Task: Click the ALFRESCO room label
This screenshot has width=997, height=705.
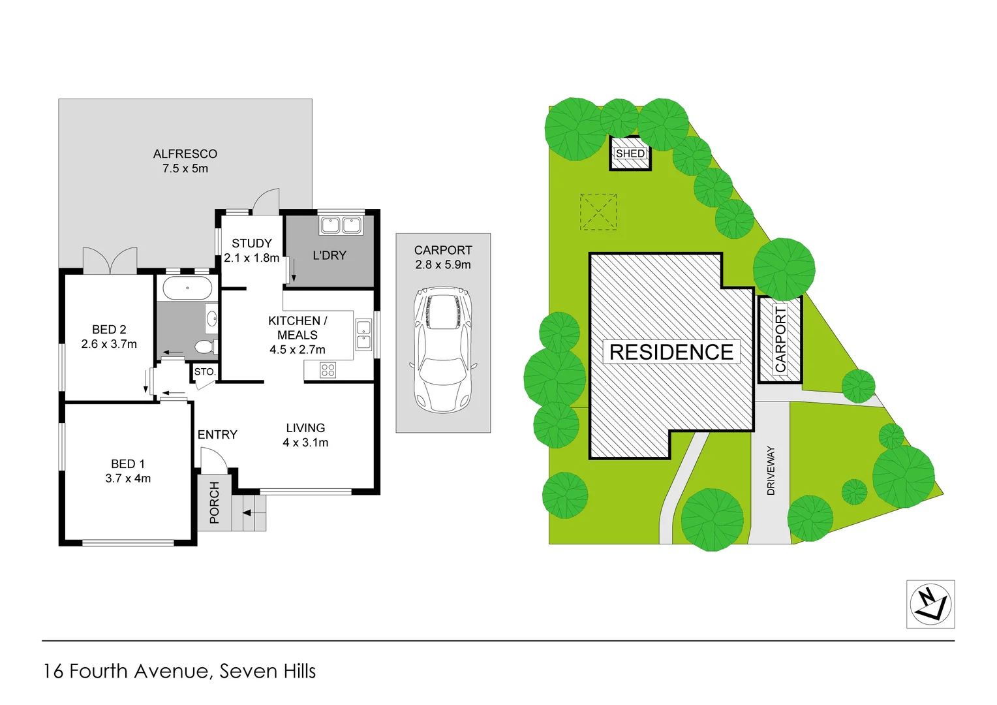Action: tap(185, 154)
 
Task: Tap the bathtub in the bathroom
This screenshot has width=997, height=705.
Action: tap(187, 288)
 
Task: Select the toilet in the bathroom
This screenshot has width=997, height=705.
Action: tap(206, 346)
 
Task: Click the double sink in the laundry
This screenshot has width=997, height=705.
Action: tap(341, 225)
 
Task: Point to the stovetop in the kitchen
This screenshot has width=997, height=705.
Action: tap(328, 371)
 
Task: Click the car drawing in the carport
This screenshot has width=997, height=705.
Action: tap(443, 349)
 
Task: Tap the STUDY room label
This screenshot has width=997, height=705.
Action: tap(252, 243)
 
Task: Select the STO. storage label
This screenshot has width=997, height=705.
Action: tap(204, 371)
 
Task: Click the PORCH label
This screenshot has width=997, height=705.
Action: tap(215, 503)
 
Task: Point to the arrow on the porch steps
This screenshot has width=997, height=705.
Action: tap(247, 513)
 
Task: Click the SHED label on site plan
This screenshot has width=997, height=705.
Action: tap(630, 153)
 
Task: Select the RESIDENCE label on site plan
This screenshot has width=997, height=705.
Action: tap(671, 352)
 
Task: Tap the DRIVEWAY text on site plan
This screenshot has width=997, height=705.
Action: tap(771, 470)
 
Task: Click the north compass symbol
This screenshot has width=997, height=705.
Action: tap(930, 604)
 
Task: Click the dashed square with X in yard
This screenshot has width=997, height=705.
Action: tap(598, 211)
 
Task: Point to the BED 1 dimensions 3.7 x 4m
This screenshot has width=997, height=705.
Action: tap(128, 478)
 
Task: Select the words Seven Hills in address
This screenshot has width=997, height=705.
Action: tap(268, 671)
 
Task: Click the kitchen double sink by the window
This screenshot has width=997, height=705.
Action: tap(363, 335)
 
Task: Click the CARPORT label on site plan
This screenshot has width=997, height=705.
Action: tap(780, 339)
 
